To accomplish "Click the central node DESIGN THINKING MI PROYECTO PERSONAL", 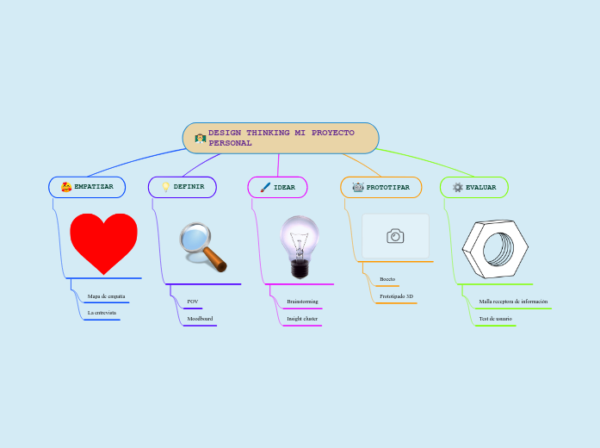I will point(281,138).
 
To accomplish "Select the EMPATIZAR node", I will point(87,187).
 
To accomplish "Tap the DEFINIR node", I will point(182,187).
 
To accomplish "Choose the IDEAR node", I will point(278,187).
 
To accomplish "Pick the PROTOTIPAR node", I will point(381,187).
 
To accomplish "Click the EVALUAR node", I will point(474,187).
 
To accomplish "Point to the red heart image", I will point(103,242).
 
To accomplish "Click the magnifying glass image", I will point(202,246).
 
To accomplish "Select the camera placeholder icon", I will point(395,236).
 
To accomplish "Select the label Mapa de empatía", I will point(107,296).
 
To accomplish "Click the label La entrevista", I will point(102,313).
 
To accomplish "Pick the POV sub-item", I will point(193,302).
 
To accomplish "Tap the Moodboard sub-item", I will point(200,319).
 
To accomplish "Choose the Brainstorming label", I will point(302,302).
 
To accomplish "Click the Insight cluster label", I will point(302,319).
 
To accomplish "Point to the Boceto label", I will point(387,279).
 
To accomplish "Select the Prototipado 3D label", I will point(396,296).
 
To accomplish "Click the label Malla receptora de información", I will point(513,302).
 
